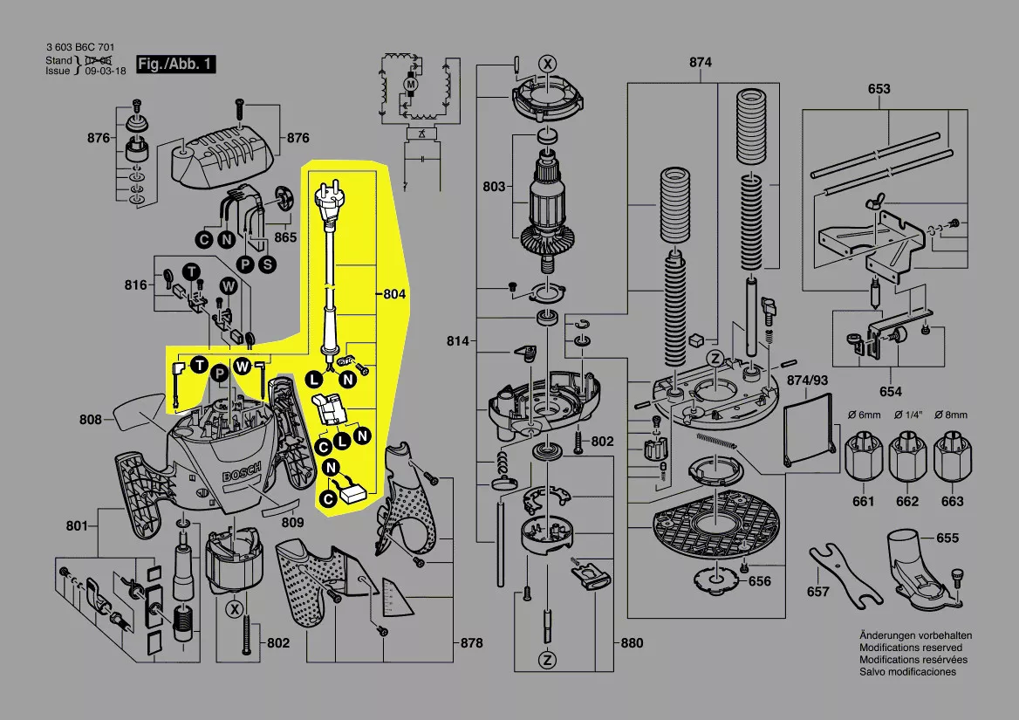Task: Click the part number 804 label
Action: (x=394, y=295)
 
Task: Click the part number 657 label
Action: (x=817, y=592)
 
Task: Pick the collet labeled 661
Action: (x=863, y=458)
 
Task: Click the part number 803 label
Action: (x=494, y=187)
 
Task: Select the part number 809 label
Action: (x=292, y=523)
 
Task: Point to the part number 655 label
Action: (x=947, y=538)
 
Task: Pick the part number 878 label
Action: (x=471, y=643)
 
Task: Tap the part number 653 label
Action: (x=879, y=89)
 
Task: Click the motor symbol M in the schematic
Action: (x=408, y=83)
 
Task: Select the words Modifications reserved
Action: (x=911, y=648)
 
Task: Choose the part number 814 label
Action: (x=459, y=340)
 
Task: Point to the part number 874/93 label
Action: (x=807, y=381)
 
